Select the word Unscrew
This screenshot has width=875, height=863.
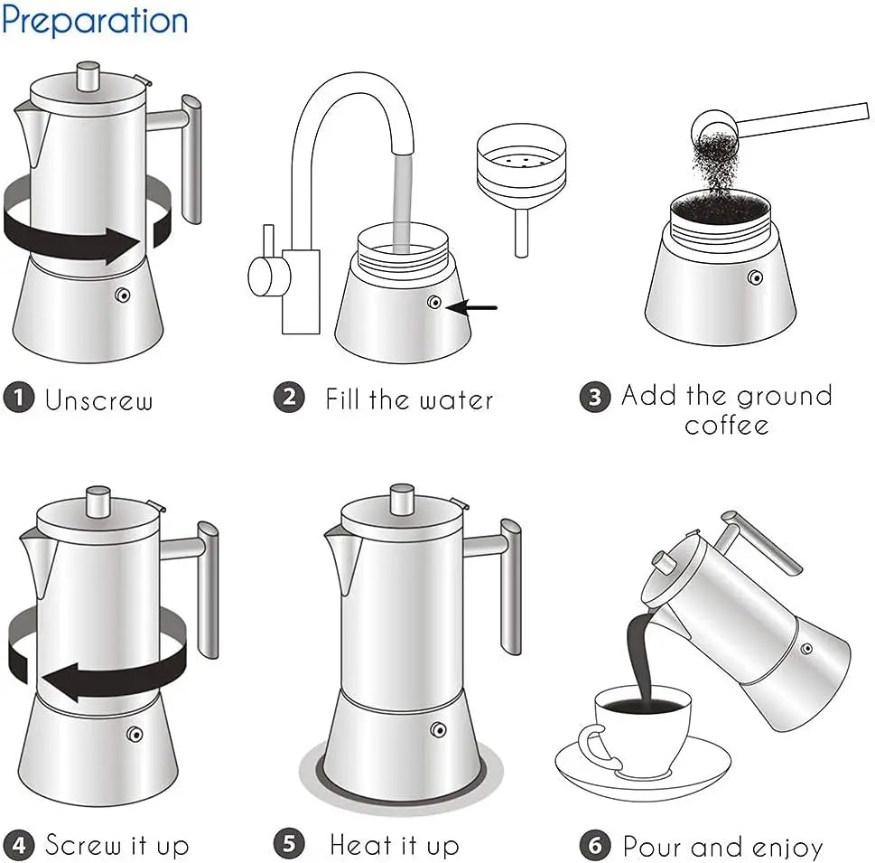(x=99, y=399)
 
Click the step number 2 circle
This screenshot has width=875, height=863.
(x=288, y=398)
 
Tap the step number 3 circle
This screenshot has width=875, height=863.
(x=594, y=398)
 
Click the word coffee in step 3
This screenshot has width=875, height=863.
(x=726, y=425)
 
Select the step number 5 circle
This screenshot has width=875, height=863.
(x=288, y=845)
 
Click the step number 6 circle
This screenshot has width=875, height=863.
(x=594, y=846)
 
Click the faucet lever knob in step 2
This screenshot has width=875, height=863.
(x=261, y=274)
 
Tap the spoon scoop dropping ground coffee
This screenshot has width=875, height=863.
(x=713, y=123)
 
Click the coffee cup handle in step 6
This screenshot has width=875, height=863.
(x=590, y=746)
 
